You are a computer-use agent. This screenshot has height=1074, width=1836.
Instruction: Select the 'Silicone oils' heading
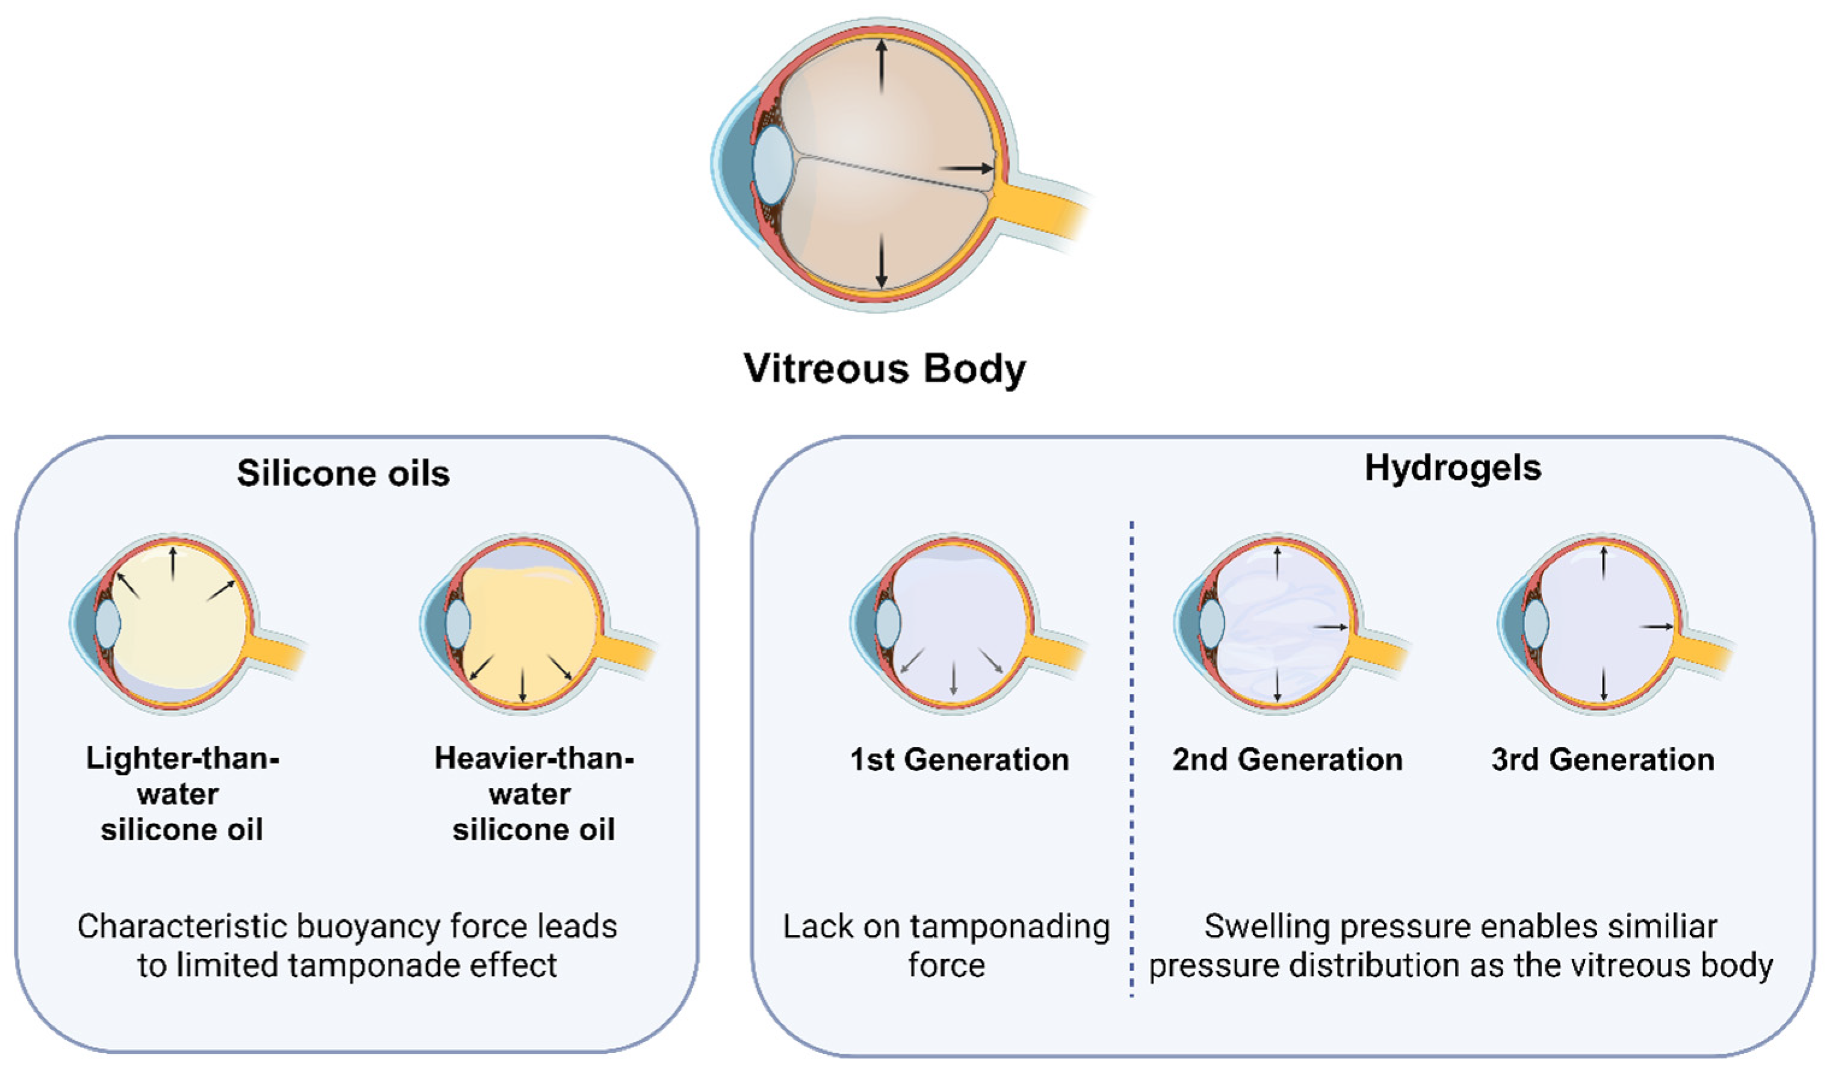(343, 474)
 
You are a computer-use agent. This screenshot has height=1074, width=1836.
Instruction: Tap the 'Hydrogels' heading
(1453, 468)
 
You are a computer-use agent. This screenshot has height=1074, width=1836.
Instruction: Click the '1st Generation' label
(959, 760)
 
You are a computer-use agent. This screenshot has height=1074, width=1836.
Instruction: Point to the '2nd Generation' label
(1287, 760)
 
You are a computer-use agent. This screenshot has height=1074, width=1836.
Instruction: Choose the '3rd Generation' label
(1603, 760)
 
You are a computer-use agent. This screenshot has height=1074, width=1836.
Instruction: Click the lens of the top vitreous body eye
(772, 164)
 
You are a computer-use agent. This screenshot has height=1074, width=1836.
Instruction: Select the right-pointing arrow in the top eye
(966, 169)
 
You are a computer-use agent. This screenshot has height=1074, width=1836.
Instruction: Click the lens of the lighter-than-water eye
(107, 624)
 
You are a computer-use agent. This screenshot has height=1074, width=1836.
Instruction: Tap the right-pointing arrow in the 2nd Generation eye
(1331, 627)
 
